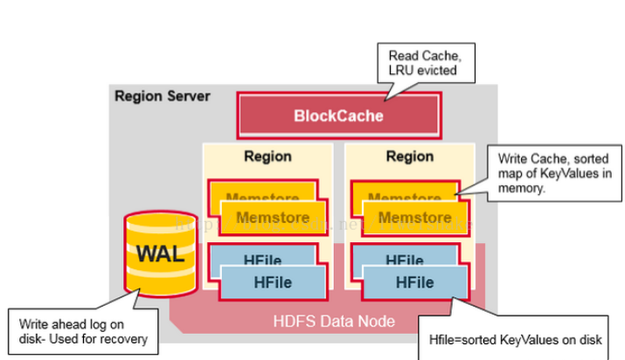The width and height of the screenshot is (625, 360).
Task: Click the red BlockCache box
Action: [x=338, y=115]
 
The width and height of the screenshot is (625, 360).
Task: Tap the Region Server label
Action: [x=163, y=95]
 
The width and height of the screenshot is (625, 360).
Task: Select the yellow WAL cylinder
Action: [x=160, y=256]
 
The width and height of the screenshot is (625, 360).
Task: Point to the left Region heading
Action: [x=267, y=156]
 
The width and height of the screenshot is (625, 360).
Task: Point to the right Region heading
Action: [x=409, y=156]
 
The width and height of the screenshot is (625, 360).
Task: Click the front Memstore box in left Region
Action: [x=273, y=218]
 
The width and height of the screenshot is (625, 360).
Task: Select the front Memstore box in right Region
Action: [x=414, y=218]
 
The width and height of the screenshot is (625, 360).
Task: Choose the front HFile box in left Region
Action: [x=273, y=282]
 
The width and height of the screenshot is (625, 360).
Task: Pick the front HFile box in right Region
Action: [x=414, y=282]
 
